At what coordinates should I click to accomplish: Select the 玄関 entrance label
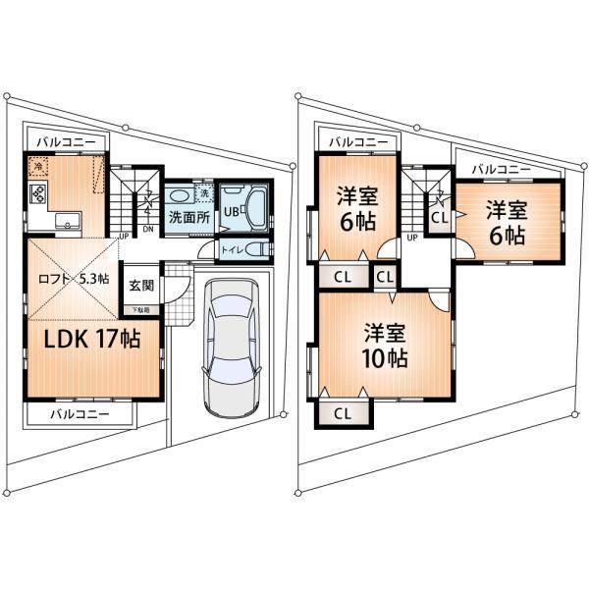[140, 286]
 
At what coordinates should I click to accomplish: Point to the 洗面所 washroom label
[188, 217]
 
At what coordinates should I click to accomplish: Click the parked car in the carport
[232, 348]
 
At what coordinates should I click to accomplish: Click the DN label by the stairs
[148, 231]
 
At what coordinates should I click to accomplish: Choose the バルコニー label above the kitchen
[67, 142]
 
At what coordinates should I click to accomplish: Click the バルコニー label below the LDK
[80, 415]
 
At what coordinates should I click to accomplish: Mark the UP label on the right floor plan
[412, 238]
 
